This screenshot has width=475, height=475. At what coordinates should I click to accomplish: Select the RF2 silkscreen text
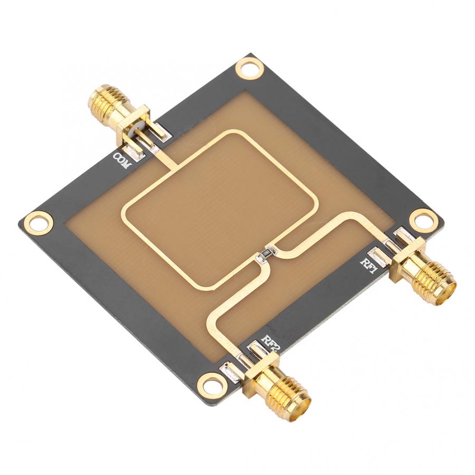(273, 344)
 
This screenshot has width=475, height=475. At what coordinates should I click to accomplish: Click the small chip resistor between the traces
(265, 255)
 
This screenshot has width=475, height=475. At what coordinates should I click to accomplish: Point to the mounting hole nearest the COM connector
(249, 68)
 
